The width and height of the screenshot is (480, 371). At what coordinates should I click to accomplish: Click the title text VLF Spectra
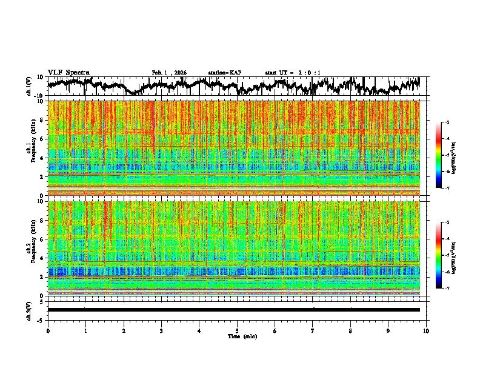pyautogui.click(x=68, y=73)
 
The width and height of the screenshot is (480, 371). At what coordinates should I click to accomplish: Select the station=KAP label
pyautogui.click(x=225, y=73)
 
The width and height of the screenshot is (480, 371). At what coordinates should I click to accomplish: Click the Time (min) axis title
pyautogui.click(x=242, y=336)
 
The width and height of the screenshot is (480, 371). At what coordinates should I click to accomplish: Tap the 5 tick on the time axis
pyautogui.click(x=237, y=330)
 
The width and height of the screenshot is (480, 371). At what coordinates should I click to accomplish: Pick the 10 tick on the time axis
pyautogui.click(x=426, y=330)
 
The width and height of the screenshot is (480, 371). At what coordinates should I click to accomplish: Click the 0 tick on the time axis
pyautogui.click(x=48, y=330)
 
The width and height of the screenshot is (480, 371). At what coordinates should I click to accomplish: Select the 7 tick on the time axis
pyautogui.click(x=313, y=330)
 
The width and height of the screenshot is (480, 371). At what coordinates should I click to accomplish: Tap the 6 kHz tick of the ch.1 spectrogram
pyautogui.click(x=43, y=139)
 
